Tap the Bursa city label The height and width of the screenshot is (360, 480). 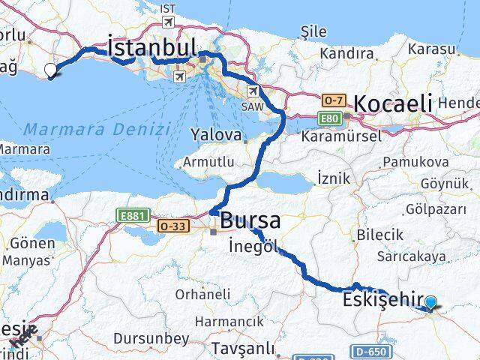coord(250,221)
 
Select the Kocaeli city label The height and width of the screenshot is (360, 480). coord(393,103)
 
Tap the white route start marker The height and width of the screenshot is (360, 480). coord(51,71)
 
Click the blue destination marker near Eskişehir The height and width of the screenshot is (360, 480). coord(431,303)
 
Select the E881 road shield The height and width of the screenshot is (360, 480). coord(129,216)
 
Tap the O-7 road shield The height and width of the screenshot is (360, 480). coord(333,100)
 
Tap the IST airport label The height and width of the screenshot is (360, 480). coord(167,8)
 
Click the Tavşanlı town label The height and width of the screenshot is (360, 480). coord(238,348)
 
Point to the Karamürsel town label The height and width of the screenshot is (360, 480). coord(340,136)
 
